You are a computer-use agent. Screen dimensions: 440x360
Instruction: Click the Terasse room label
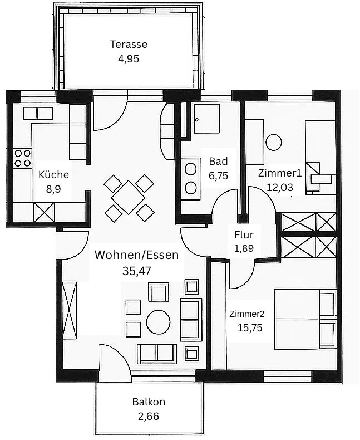click(x=129, y=45)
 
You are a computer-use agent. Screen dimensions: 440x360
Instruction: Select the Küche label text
click(x=53, y=174)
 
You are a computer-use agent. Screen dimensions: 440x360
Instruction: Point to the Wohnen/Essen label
click(x=136, y=256)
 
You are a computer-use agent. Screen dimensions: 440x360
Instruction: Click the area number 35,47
click(x=136, y=271)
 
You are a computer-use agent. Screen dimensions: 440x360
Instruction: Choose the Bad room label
click(x=218, y=162)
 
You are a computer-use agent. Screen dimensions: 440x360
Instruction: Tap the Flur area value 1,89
click(x=244, y=248)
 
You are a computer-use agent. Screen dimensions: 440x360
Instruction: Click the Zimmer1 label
click(x=279, y=173)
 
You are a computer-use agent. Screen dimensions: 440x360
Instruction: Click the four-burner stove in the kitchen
click(x=22, y=158)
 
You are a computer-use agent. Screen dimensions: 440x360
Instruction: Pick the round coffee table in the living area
click(x=158, y=321)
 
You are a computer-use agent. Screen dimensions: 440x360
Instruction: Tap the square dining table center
click(x=129, y=197)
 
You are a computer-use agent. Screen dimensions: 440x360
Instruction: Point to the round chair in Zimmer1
click(x=274, y=142)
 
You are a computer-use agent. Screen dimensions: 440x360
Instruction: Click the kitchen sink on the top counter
click(x=37, y=114)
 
